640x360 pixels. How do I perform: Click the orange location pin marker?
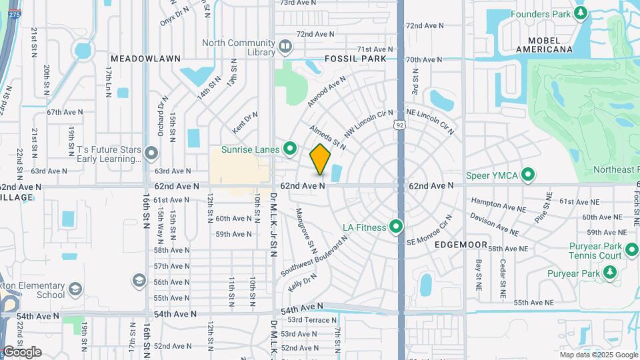(x=320, y=159)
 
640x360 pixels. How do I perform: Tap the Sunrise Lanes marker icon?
(x=290, y=149)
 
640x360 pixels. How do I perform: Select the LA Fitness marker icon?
(x=397, y=227)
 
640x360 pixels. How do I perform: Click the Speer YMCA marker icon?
(x=528, y=175)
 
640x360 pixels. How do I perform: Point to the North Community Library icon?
(x=285, y=46)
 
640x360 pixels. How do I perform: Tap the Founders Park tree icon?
(x=581, y=13)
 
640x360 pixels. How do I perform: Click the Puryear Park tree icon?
(x=609, y=273)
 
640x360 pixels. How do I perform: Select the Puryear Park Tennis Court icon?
(x=633, y=251)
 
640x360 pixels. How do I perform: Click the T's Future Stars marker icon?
(x=151, y=155)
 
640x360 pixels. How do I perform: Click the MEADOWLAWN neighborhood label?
(x=145, y=59)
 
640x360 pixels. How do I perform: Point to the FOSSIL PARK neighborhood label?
(x=355, y=59)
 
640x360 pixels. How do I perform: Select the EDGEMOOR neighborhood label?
(x=461, y=245)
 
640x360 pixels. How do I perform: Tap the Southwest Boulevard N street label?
(x=314, y=259)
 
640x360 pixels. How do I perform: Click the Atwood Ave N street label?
(x=327, y=91)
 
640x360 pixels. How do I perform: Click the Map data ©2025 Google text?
(x=598, y=355)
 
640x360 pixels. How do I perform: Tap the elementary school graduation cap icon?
(x=75, y=289)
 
